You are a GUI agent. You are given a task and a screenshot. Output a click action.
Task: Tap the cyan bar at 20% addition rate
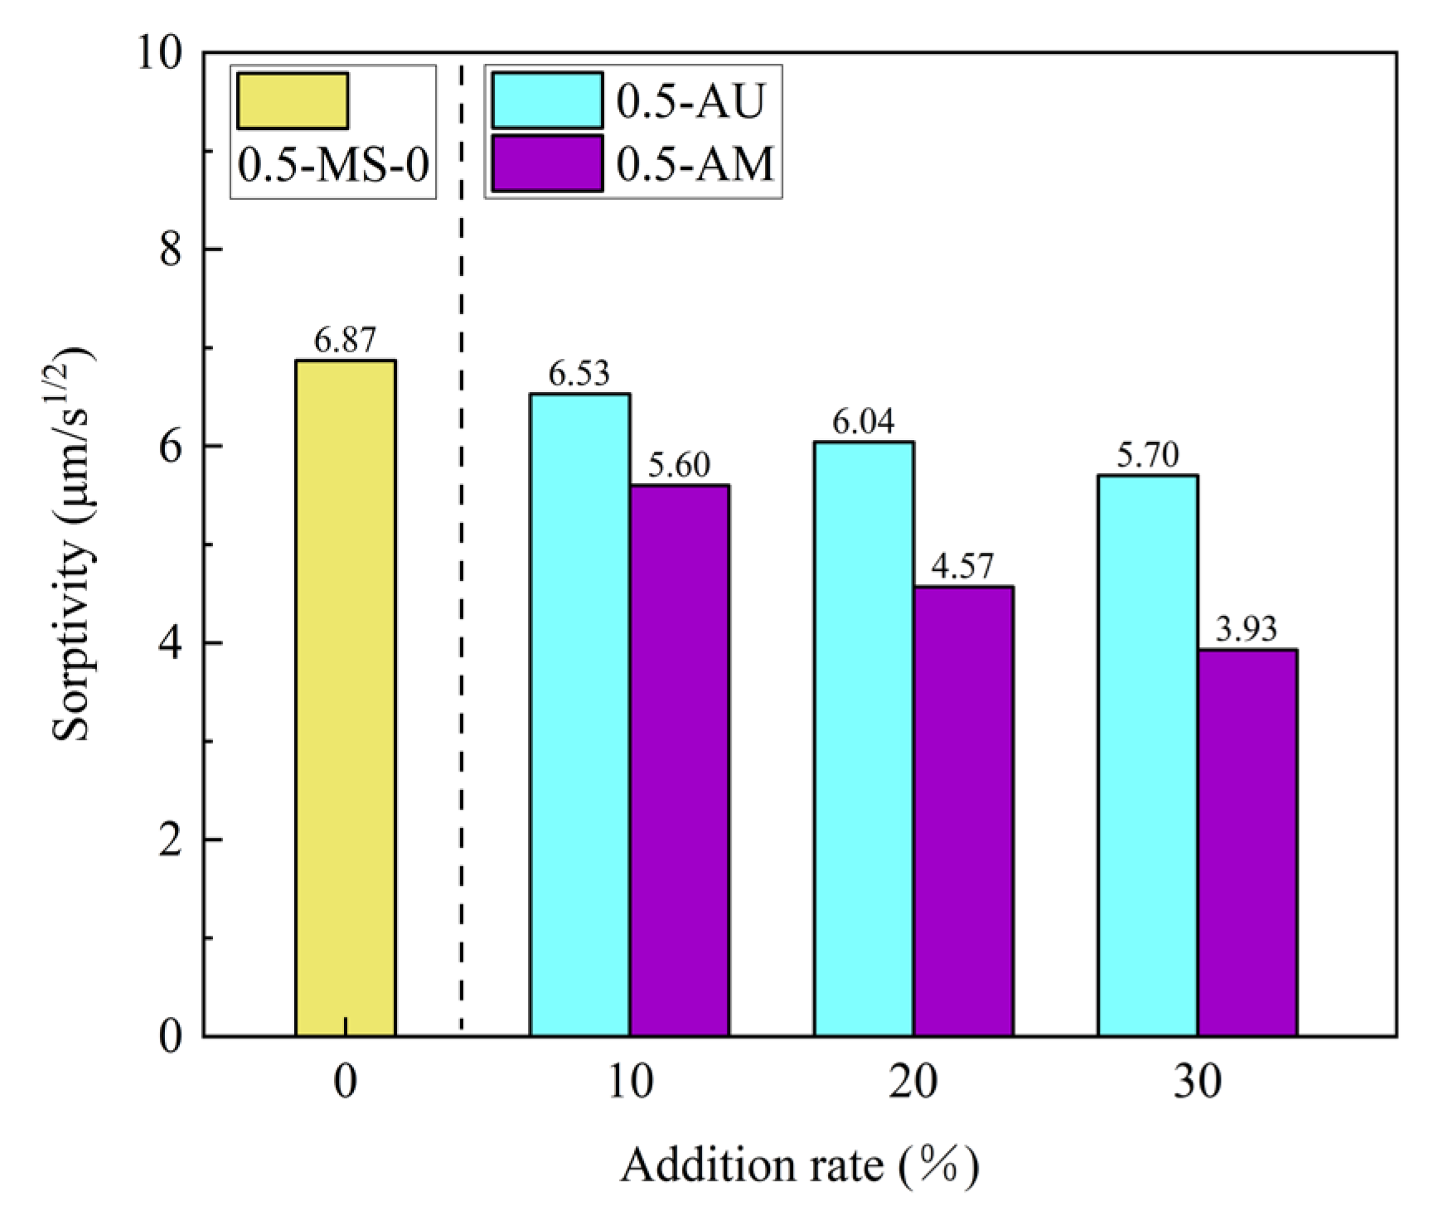pos(864,738)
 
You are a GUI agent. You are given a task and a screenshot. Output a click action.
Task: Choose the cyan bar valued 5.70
pos(1147,755)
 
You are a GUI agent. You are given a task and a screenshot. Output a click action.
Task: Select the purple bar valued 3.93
pos(1247,842)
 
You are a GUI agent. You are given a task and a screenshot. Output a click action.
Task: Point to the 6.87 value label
pos(345,340)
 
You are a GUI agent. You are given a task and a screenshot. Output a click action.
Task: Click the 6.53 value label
pos(579,374)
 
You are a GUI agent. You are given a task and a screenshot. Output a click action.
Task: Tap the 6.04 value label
pos(864,422)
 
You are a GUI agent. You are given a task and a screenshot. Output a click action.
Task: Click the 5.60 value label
pos(679,465)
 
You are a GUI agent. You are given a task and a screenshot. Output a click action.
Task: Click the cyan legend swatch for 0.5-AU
pos(547,100)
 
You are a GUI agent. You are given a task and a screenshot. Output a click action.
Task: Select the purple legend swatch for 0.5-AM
pos(547,163)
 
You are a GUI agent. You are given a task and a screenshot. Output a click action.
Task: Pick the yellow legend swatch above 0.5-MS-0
pos(292,101)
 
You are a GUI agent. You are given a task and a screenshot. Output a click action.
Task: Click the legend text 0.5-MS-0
pos(333,165)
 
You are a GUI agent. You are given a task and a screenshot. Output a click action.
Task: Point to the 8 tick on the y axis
pos(172,249)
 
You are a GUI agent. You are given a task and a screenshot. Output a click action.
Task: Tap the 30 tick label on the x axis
pos(1197,1082)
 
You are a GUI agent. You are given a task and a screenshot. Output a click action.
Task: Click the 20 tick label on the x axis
pos(913,1082)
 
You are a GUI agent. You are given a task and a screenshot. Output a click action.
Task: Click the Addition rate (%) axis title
pos(800,1165)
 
